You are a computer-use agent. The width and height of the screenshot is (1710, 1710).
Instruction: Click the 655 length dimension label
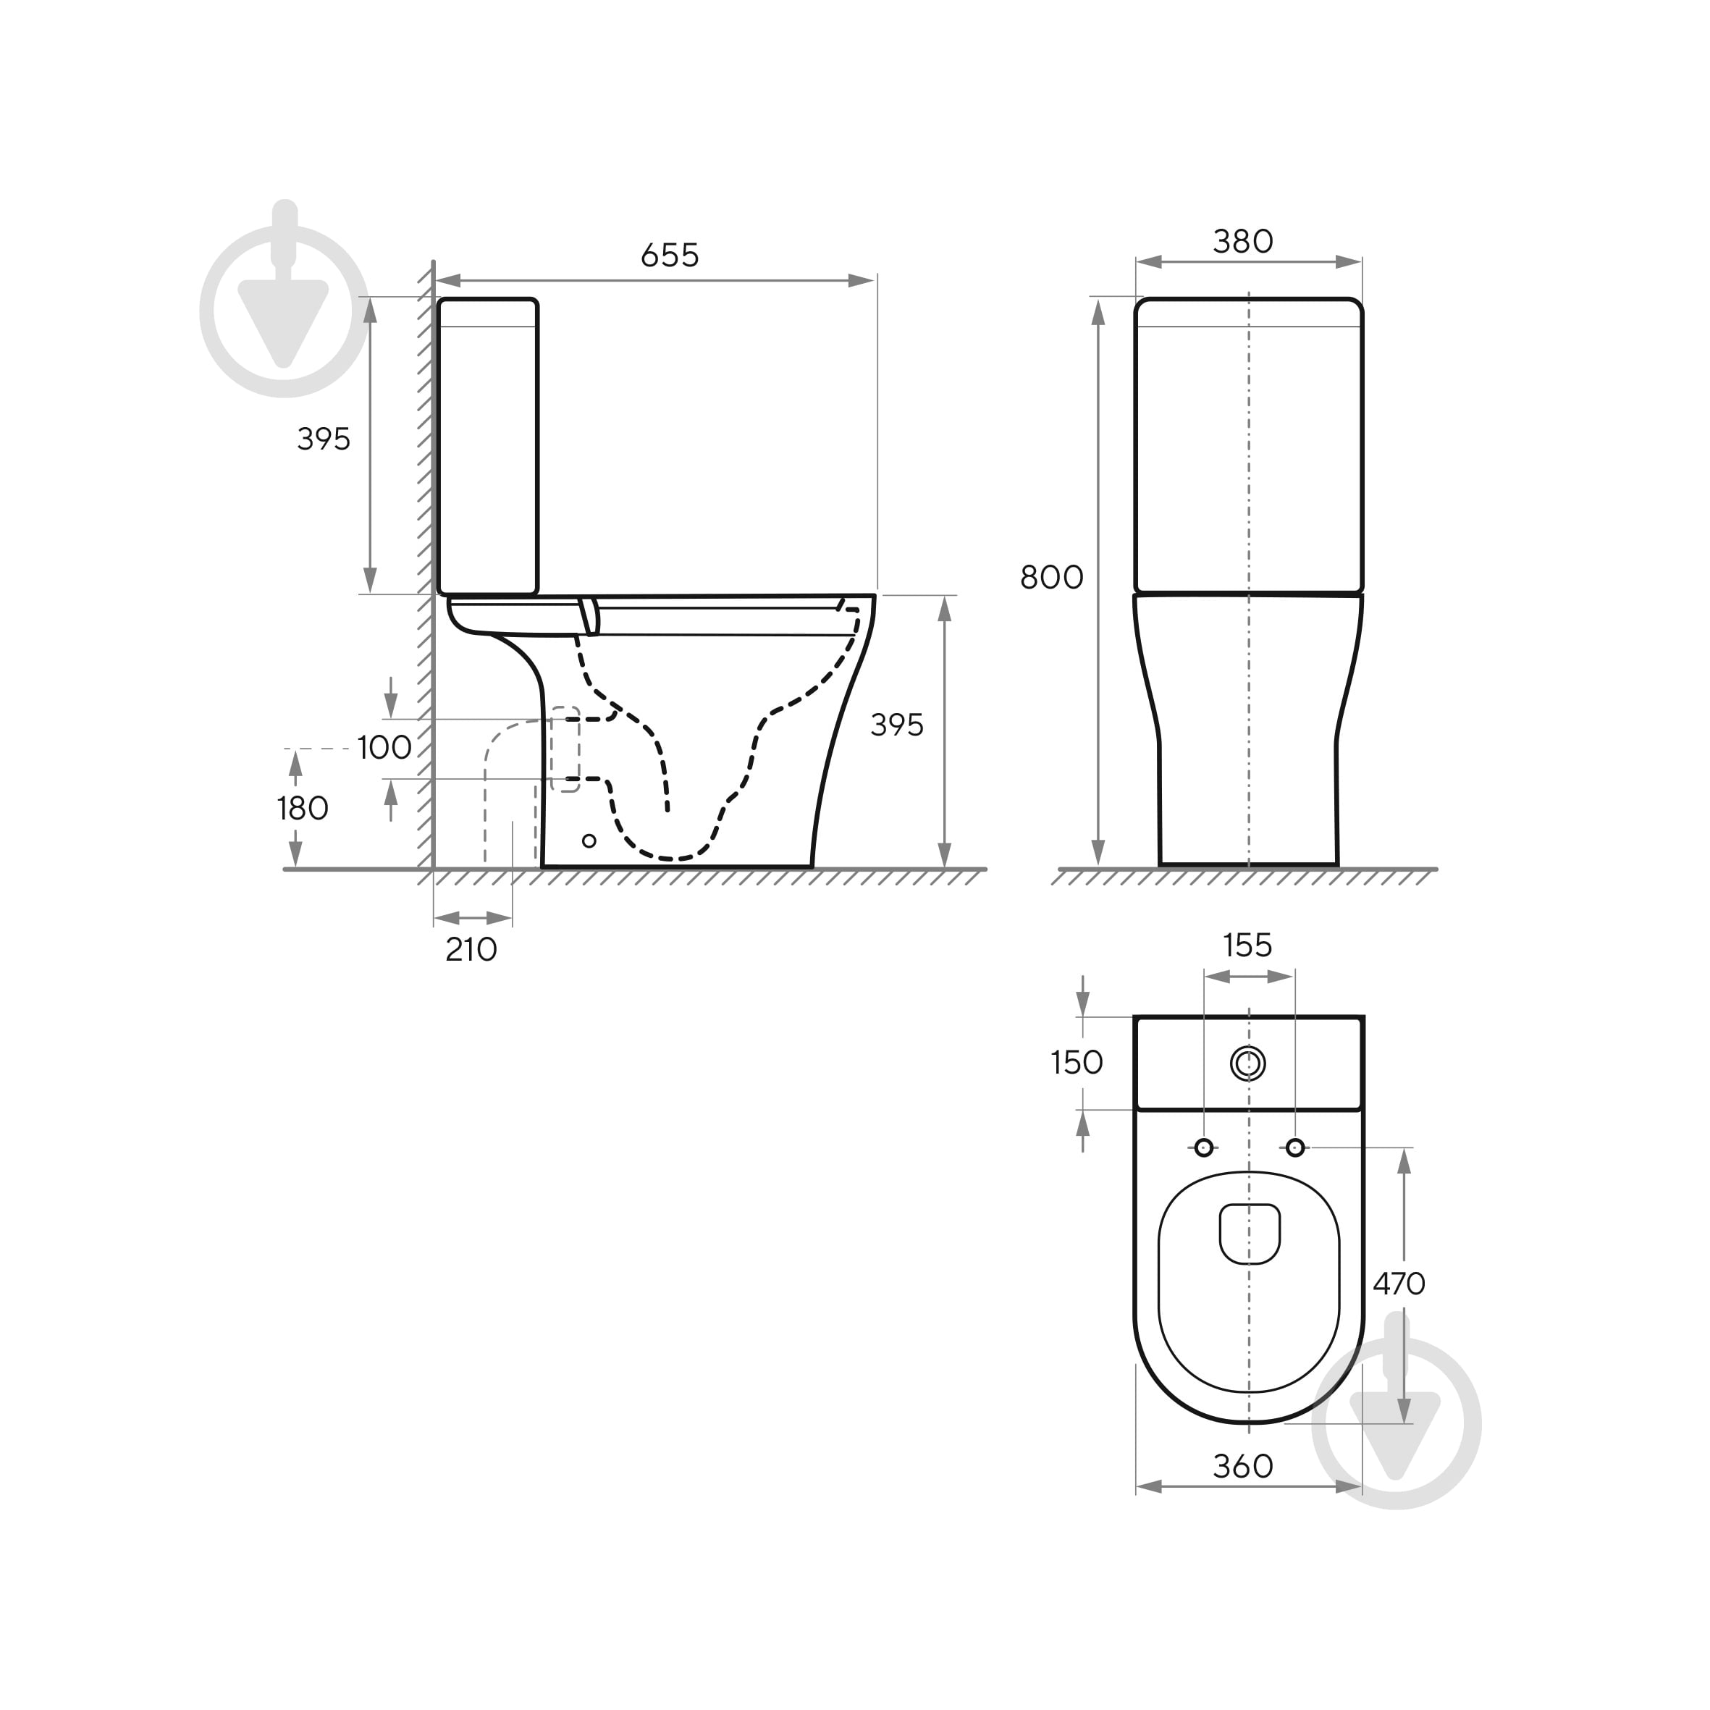670,256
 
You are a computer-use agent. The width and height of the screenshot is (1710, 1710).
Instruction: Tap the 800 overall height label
1051,578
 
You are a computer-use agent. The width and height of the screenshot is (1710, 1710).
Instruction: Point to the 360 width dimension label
1242,1467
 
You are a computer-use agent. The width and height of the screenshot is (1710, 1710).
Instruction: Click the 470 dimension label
1399,1283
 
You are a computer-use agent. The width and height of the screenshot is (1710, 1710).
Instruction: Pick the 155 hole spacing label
1247,945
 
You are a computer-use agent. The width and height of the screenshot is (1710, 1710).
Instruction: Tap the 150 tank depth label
1077,1062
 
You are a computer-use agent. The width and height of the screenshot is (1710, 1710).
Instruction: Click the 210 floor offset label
471,950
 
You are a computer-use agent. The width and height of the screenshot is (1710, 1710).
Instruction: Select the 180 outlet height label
303,808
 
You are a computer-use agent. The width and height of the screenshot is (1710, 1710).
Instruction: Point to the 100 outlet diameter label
384,748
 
